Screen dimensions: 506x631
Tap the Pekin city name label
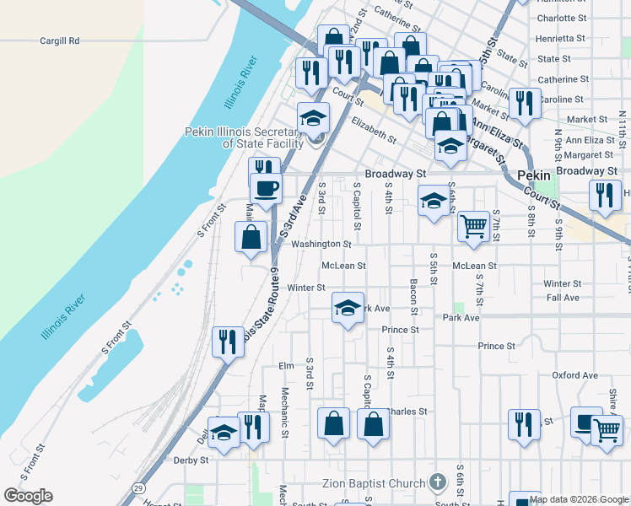coord(533,175)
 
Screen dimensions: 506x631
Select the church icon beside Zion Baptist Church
coord(437,482)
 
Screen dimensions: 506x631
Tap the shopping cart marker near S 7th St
coord(474,225)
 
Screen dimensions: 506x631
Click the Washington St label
coord(321,245)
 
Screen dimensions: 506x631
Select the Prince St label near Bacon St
coord(400,330)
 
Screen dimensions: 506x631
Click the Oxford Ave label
coord(574,375)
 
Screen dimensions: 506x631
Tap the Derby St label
coord(191,460)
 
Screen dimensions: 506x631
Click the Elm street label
coord(286,366)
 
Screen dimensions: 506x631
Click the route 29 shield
coord(137,487)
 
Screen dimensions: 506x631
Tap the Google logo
coord(28,496)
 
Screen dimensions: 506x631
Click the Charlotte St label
coord(561,18)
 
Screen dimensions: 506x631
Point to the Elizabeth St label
coord(375,129)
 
